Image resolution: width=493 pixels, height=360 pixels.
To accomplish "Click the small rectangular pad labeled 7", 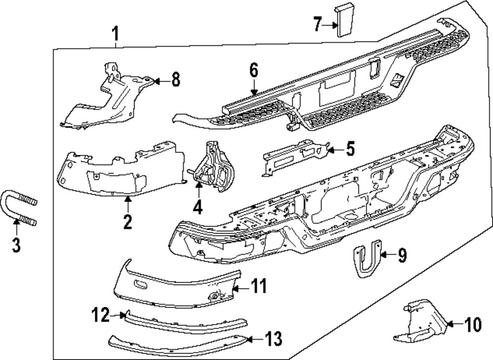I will coord(343,20).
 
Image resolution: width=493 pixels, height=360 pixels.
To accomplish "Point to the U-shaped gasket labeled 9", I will coord(367,259).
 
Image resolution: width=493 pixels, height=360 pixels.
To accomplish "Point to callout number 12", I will coord(101,314).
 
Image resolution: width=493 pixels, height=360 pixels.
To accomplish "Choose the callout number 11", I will coord(259,286).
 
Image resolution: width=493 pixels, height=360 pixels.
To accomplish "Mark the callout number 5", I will coord(350,149).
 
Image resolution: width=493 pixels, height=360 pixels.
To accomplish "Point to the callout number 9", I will coord(402,255).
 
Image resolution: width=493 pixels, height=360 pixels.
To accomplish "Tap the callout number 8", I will coord(175,79).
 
